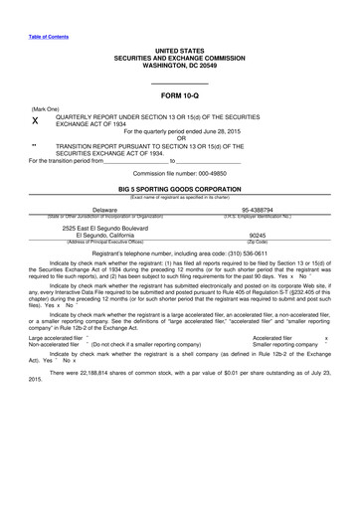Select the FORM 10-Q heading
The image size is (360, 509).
coord(179,96)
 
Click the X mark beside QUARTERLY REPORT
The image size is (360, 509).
coord(36,120)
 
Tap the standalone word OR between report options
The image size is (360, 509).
coord(180,138)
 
